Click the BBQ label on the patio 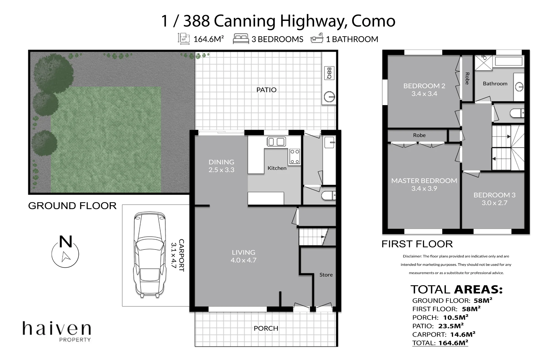click(x=329, y=73)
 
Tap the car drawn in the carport click(x=150, y=255)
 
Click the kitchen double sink click(x=276, y=142)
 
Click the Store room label click(x=326, y=275)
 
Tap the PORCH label click(x=266, y=328)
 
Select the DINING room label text click(x=221, y=162)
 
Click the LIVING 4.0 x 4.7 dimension click(x=243, y=260)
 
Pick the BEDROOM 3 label click(x=494, y=195)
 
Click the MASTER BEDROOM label click(x=424, y=181)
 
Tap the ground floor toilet click(x=328, y=195)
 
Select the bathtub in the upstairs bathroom click(x=509, y=61)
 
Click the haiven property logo click(x=57, y=331)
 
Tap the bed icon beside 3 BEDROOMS click(x=241, y=38)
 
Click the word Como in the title click(x=373, y=21)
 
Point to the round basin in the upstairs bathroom click(x=519, y=87)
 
